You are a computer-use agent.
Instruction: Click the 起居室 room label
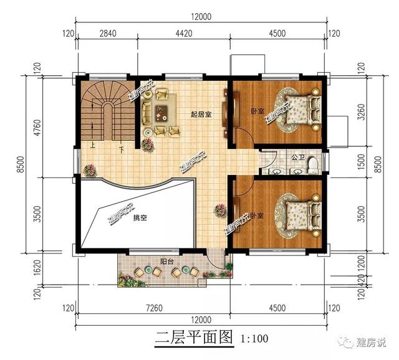(201, 114)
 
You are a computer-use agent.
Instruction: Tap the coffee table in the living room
(161, 113)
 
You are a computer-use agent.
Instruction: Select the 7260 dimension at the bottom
(153, 308)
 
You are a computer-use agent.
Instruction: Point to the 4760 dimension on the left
(37, 126)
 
